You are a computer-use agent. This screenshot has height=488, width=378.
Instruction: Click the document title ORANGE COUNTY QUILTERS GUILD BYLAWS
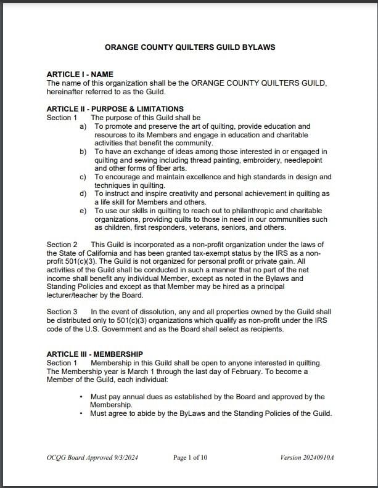click(x=190, y=47)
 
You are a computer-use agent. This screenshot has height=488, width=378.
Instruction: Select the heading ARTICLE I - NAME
click(x=80, y=75)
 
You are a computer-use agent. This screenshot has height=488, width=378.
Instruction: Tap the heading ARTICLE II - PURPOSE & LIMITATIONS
click(x=115, y=109)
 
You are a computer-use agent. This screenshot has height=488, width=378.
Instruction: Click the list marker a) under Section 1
click(x=83, y=126)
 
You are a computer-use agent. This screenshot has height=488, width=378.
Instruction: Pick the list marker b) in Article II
click(x=83, y=152)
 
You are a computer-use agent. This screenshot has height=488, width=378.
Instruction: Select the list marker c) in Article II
click(x=83, y=177)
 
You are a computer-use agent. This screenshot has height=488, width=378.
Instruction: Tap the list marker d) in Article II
click(x=83, y=193)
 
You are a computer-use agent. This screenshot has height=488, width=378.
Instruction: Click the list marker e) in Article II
click(x=83, y=211)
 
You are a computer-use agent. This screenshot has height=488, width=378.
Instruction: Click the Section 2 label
click(x=62, y=245)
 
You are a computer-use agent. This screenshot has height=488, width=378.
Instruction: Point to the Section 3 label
click(x=62, y=312)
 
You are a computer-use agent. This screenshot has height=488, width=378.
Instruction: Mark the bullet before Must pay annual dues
click(x=81, y=397)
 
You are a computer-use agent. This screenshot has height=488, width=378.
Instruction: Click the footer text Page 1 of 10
click(x=190, y=457)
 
